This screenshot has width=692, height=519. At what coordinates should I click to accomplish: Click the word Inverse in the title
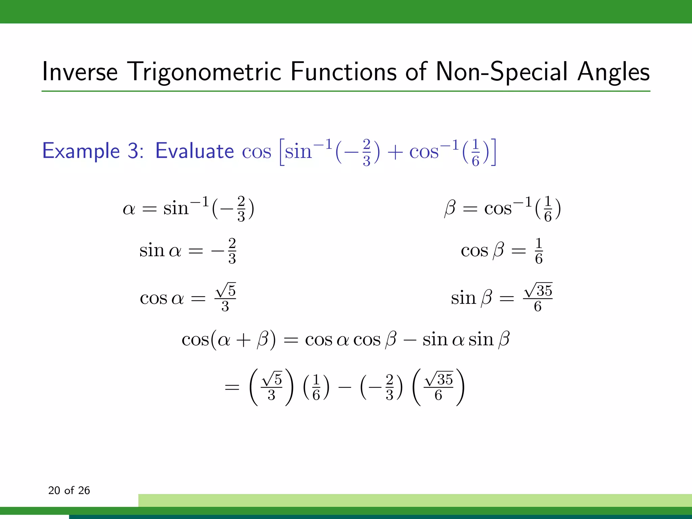click(x=80, y=72)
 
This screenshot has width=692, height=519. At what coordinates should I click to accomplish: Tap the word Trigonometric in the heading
click(x=205, y=72)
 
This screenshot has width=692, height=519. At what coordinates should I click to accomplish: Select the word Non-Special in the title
click(x=502, y=72)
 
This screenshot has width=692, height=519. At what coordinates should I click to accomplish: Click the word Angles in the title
click(x=613, y=72)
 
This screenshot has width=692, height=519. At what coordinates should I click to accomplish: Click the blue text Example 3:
click(x=93, y=151)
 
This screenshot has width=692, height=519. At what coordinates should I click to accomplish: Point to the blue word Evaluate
click(x=194, y=151)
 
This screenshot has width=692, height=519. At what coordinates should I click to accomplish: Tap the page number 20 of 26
click(x=69, y=490)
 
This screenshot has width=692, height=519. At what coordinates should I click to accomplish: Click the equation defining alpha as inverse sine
click(x=188, y=208)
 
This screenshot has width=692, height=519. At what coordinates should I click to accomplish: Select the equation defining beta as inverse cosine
click(x=502, y=208)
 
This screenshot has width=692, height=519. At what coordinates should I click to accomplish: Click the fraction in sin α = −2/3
click(x=232, y=251)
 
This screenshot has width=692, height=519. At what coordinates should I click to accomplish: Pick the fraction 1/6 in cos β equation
click(x=539, y=251)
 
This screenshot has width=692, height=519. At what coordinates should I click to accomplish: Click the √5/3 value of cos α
click(x=225, y=298)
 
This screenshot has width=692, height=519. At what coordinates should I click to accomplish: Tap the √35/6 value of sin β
click(x=538, y=298)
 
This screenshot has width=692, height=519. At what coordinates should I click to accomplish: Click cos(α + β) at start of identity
click(x=228, y=340)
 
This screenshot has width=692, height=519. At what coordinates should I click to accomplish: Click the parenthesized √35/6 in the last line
click(x=438, y=387)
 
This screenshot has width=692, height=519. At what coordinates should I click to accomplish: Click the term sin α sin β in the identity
click(x=466, y=340)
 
